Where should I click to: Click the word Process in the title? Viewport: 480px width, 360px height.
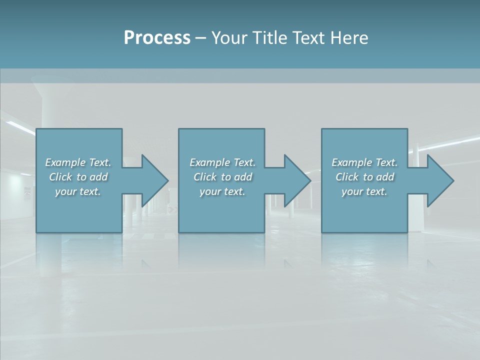pyautogui.click(x=157, y=38)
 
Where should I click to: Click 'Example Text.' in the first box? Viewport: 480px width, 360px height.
pyautogui.click(x=78, y=162)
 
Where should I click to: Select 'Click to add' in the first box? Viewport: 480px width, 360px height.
pyautogui.click(x=78, y=177)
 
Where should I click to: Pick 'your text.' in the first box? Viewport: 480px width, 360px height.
pyautogui.click(x=78, y=191)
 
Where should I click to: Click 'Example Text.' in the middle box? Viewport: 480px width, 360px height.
pyautogui.click(x=222, y=162)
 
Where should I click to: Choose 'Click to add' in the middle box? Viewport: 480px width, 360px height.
pyautogui.click(x=222, y=177)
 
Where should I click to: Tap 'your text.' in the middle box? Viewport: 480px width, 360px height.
pyautogui.click(x=222, y=191)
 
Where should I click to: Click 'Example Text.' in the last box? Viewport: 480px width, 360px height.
pyautogui.click(x=364, y=162)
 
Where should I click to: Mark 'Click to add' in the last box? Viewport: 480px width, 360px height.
pyautogui.click(x=364, y=177)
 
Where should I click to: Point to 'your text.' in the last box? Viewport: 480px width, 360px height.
pyautogui.click(x=364, y=191)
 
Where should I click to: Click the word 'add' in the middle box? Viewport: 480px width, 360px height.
pyautogui.click(x=242, y=177)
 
